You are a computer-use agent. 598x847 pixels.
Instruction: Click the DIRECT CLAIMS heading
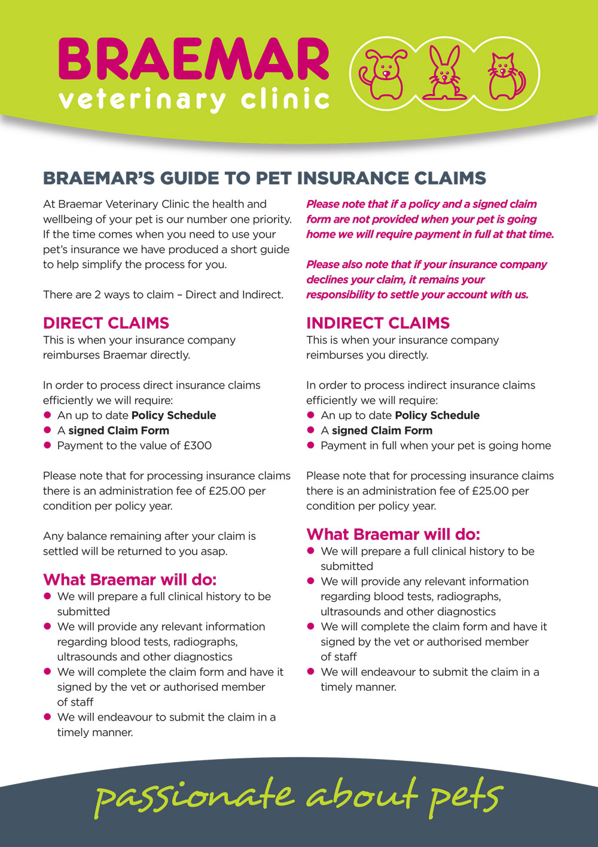coord(106,323)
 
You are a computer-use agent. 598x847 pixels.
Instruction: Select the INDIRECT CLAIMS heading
coord(378,323)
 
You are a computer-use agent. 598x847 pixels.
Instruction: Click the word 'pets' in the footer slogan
coord(465,797)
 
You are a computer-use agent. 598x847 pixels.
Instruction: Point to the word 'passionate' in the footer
coord(194,797)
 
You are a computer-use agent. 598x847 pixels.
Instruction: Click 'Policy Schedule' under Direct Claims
coord(173,415)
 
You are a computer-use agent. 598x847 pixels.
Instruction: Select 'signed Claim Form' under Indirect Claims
coord(382,430)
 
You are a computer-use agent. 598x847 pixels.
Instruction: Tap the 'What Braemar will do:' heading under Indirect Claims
coord(393,534)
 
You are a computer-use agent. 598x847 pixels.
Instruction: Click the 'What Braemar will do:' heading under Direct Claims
coord(130,579)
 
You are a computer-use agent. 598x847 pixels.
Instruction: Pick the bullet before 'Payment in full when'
coord(310,445)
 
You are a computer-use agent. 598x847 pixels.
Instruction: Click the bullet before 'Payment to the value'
coord(47,445)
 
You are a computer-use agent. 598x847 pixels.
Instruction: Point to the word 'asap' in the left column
coord(213,551)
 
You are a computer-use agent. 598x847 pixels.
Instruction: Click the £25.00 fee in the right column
coord(490,491)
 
